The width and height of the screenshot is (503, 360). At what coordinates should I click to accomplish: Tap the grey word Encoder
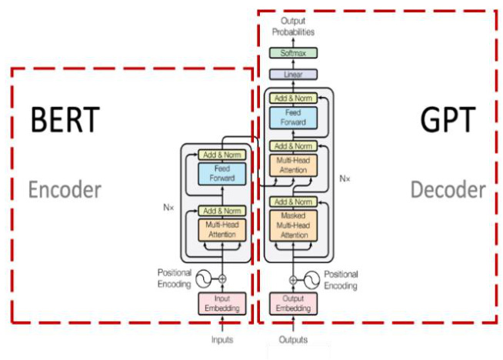(x=65, y=189)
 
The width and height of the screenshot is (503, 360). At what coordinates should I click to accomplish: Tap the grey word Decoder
(x=448, y=189)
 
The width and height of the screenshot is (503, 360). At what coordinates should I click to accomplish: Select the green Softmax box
(x=292, y=53)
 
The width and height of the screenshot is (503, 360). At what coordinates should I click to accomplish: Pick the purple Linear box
(x=292, y=75)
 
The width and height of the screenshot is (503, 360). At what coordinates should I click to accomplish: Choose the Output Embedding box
(x=292, y=303)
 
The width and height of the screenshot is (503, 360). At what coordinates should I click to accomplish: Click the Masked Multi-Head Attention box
(x=292, y=225)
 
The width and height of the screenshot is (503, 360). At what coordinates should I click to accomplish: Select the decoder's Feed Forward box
(x=292, y=118)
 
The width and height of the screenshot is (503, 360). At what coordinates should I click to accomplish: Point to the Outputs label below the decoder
(x=292, y=338)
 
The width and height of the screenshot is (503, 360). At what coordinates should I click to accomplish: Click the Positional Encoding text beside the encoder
(x=174, y=278)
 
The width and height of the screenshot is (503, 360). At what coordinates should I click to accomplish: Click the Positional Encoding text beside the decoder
(x=341, y=279)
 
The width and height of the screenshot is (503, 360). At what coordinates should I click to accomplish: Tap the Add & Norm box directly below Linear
(x=292, y=97)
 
